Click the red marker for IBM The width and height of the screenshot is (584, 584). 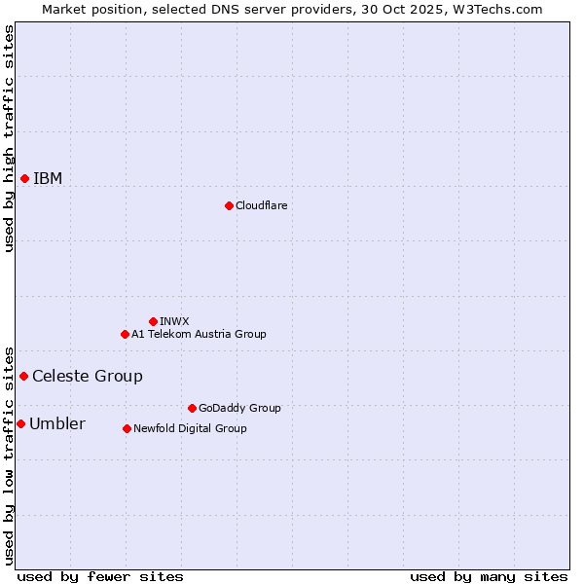click(x=24, y=178)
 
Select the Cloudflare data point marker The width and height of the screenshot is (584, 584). click(x=229, y=205)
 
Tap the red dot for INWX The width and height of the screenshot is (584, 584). click(x=153, y=321)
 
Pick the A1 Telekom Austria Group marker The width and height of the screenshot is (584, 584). click(x=125, y=334)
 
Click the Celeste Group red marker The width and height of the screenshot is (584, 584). click(x=23, y=376)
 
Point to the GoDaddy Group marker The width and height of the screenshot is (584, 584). click(x=192, y=408)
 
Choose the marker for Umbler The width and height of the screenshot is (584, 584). click(x=20, y=423)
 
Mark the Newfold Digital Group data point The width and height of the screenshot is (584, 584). click(x=127, y=428)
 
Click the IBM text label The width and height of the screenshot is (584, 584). click(x=48, y=178)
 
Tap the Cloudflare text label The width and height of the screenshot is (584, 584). click(x=261, y=205)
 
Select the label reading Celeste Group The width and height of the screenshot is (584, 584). click(x=88, y=376)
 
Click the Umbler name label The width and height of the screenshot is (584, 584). click(x=57, y=423)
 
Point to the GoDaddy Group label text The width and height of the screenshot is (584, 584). click(x=239, y=408)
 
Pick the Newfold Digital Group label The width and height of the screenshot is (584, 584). click(x=190, y=428)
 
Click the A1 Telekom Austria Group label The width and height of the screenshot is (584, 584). click(x=199, y=334)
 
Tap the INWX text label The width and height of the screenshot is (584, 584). click(x=174, y=321)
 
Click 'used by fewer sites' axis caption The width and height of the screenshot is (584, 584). click(x=100, y=576)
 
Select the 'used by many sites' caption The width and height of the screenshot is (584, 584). click(x=489, y=576)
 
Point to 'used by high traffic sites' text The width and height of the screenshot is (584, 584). click(x=9, y=138)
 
